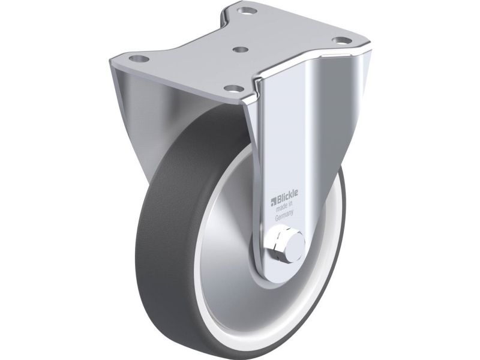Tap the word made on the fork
point(281,209)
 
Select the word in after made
point(291,206)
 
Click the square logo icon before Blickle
point(274,202)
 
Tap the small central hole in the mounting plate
point(241,49)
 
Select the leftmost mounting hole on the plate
point(139,58)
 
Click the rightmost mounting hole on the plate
point(341,40)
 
